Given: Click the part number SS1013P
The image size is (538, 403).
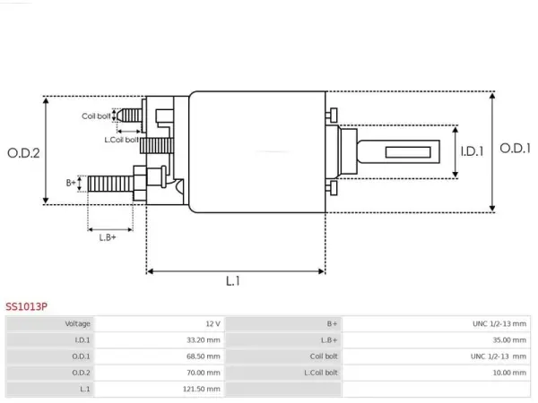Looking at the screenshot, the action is tap(26, 306).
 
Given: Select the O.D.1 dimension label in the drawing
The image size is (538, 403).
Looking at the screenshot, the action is tap(515, 149).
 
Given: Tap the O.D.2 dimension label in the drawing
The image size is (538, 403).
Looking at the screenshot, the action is tap(23, 153).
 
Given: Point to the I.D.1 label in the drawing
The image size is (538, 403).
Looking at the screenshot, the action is tap(472, 151).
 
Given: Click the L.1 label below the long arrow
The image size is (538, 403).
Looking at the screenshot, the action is tap(233, 281).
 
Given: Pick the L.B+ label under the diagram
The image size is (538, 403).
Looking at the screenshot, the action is tap(108, 237).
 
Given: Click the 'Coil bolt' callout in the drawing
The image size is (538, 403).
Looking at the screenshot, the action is tap(96, 116).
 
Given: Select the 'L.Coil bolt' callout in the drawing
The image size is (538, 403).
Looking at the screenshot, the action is tap(121, 140).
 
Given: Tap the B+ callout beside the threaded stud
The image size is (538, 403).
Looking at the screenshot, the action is tap(71, 183).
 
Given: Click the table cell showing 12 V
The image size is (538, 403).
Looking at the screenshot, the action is tap(213, 324).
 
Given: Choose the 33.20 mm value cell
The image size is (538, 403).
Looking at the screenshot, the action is tap(204, 340).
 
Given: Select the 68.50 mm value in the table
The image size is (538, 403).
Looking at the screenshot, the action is tap(204, 356).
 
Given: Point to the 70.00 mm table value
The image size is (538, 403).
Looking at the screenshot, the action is tap(204, 373).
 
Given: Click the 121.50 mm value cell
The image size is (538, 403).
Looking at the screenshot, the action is tap(202, 389).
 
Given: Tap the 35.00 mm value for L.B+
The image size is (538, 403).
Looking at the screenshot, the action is tap(509, 340).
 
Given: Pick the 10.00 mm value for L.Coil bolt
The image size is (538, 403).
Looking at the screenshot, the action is tap(509, 373).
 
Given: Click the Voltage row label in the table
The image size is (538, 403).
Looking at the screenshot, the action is tap(77, 324).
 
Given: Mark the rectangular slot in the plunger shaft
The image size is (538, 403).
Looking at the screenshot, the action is tap(408, 152).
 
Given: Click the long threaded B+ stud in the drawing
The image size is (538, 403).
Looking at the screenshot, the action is tap(110, 184).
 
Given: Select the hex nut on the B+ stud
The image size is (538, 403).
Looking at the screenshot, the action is tap(140, 184).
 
